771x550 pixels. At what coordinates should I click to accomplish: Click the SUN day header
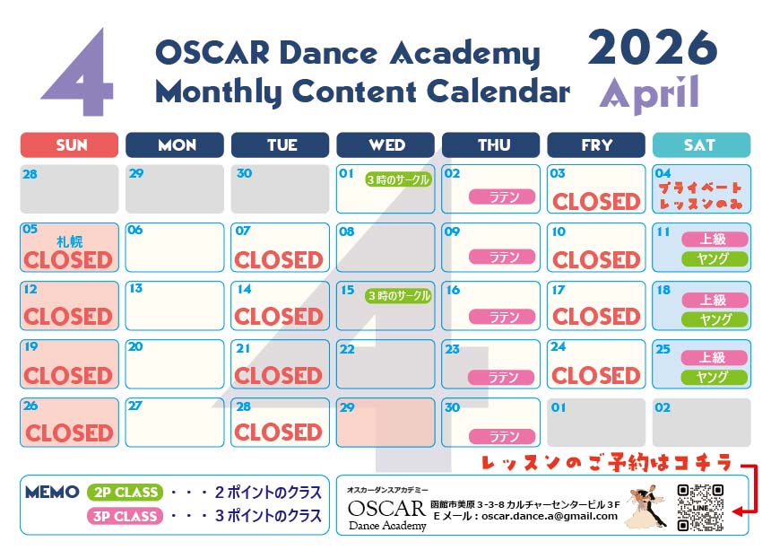pyautogui.click(x=69, y=145)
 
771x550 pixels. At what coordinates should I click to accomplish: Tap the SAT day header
pyautogui.click(x=701, y=145)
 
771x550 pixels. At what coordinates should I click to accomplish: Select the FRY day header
pyautogui.click(x=596, y=145)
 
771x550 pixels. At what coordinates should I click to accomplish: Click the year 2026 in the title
pyautogui.click(x=653, y=48)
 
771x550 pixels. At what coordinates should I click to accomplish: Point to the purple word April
pyautogui.click(x=649, y=93)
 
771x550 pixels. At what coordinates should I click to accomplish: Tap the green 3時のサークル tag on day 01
pyautogui.click(x=398, y=180)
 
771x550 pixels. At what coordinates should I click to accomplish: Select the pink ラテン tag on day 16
pyautogui.click(x=502, y=317)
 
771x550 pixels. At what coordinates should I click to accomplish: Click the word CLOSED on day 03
pyautogui.click(x=596, y=202)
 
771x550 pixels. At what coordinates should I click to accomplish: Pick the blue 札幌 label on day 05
pyautogui.click(x=70, y=241)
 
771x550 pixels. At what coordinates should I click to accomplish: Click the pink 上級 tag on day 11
pyautogui.click(x=715, y=240)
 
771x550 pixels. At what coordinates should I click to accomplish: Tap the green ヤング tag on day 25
pyautogui.click(x=715, y=378)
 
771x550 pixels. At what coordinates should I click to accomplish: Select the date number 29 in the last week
pyautogui.click(x=347, y=407)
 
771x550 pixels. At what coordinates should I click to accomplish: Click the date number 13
pyautogui.click(x=135, y=288)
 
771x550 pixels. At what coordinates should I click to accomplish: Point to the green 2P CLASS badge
pyautogui.click(x=125, y=492)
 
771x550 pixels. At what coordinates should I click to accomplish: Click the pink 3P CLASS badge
pyautogui.click(x=125, y=516)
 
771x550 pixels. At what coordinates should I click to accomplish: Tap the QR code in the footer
pyautogui.click(x=700, y=508)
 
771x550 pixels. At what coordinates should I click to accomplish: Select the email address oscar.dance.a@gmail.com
pyautogui.click(x=550, y=516)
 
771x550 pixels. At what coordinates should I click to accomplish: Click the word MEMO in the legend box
pyautogui.click(x=52, y=492)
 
